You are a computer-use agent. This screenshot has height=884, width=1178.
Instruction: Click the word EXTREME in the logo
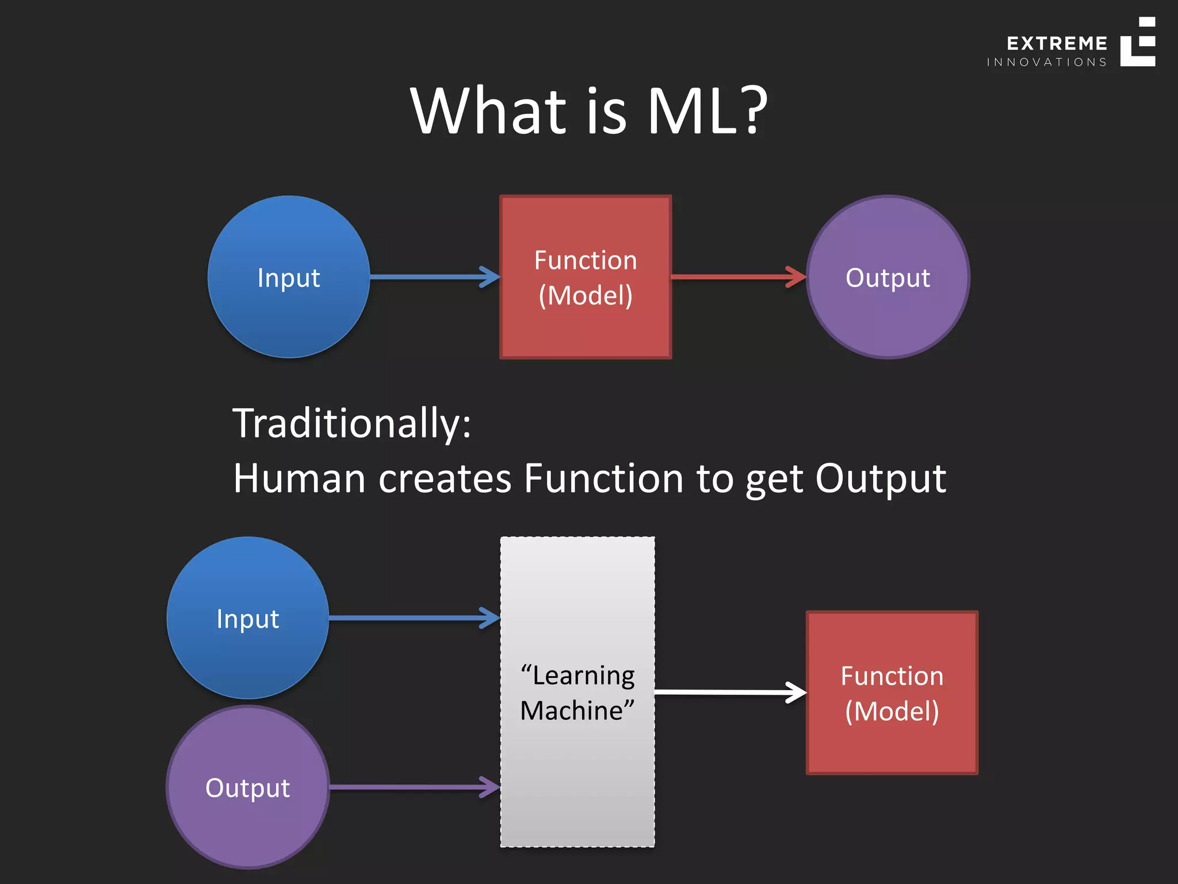coord(1057,44)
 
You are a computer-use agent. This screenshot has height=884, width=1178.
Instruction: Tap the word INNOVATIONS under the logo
coord(1047,62)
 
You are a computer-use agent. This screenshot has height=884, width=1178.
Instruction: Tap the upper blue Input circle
coord(289,277)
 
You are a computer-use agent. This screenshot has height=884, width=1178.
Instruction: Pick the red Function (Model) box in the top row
coord(586,277)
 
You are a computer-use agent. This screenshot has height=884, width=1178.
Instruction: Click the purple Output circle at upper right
coord(888,277)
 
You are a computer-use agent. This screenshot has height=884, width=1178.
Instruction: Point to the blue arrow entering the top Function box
coord(434,277)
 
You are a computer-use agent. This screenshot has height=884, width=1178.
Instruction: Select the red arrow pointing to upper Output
coord(739,277)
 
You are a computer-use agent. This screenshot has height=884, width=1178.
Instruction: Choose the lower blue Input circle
coord(248,618)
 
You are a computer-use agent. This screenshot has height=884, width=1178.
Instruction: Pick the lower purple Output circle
coord(248,787)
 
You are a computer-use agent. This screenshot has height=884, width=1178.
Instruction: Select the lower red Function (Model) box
coord(892,693)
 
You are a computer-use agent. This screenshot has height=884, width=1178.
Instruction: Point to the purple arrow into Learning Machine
coord(414,787)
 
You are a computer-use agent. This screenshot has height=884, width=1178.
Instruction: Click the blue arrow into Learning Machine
coord(414,618)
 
